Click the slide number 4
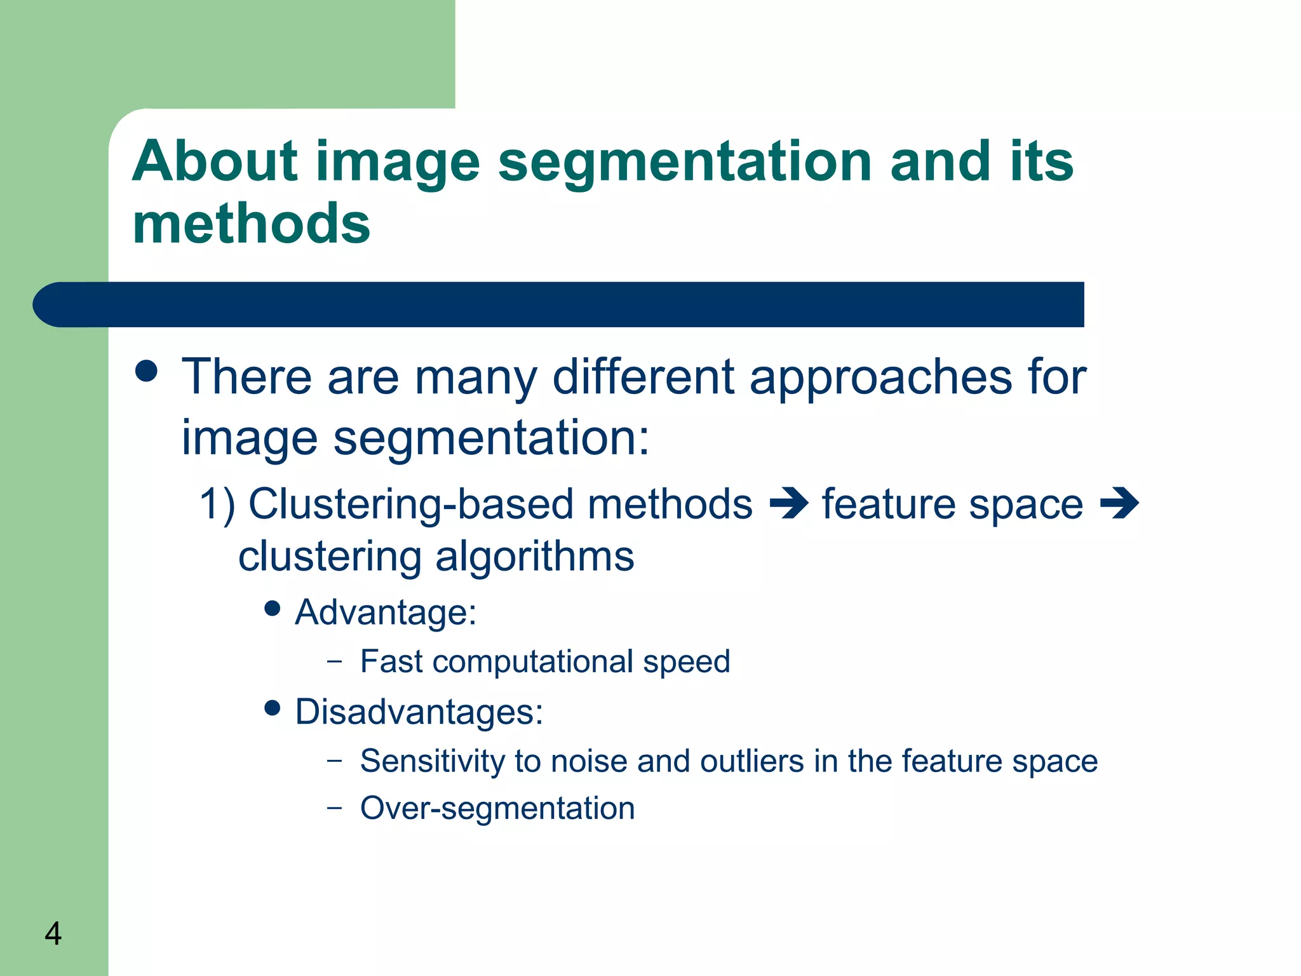53,933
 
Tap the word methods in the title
251,224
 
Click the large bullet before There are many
147,371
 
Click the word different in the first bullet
643,376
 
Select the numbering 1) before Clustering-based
217,505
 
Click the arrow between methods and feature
788,504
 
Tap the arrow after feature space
1119,504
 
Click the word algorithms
534,557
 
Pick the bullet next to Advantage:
273,609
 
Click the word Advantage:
386,613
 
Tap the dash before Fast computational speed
334,661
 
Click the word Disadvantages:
419,712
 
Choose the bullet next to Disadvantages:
273,708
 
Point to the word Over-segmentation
497,809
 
